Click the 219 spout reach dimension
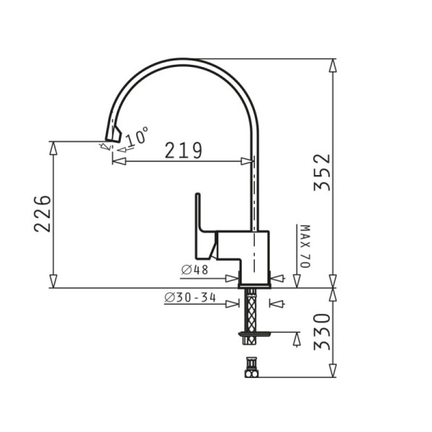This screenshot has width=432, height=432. [184, 151]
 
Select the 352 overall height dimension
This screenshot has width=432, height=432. [322, 172]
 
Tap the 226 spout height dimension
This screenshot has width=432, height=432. [43, 214]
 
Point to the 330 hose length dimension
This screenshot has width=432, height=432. [322, 332]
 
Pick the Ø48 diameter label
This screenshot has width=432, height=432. [195, 270]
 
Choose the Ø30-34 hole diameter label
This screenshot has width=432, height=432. [190, 298]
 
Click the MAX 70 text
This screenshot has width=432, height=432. [305, 246]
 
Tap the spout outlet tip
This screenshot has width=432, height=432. [112, 140]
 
